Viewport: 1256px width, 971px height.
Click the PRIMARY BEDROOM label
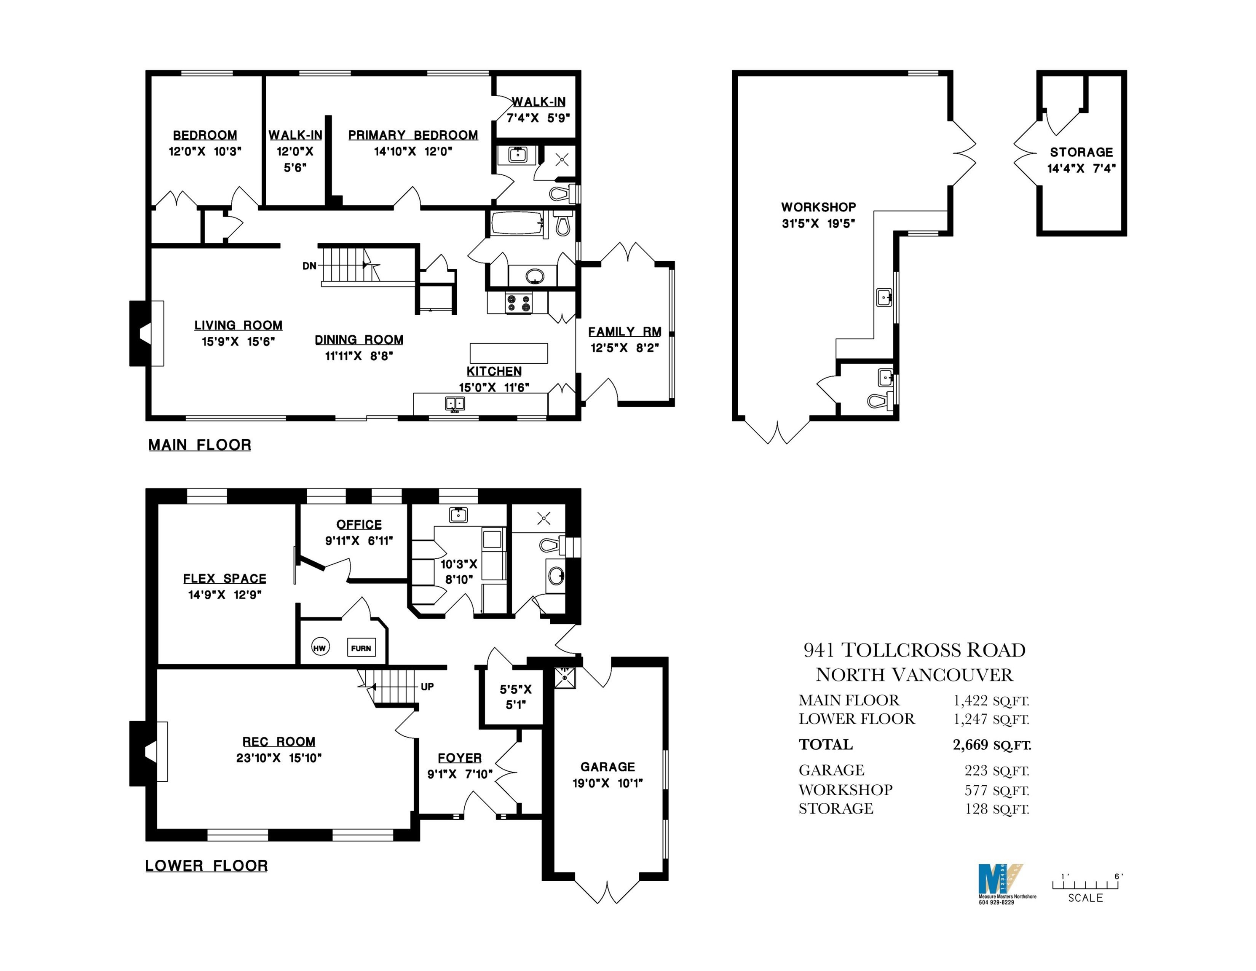click(x=413, y=135)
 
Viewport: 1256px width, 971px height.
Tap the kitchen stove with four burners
click(x=519, y=303)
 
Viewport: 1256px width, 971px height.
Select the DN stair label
click(x=309, y=266)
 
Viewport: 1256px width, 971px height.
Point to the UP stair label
click(x=427, y=686)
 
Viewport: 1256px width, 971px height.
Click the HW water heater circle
click(x=320, y=648)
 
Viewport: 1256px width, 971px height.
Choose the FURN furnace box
click(x=361, y=648)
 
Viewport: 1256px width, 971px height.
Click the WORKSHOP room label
click(x=818, y=207)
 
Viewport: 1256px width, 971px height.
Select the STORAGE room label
click(x=1081, y=153)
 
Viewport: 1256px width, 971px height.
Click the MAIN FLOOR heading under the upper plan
click(x=200, y=445)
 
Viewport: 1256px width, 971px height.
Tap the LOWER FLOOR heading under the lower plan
click(x=206, y=866)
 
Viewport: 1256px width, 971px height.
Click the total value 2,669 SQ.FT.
click(x=992, y=745)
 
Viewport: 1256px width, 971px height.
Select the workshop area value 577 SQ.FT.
click(x=996, y=790)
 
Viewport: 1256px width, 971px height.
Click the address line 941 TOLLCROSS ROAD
click(x=914, y=650)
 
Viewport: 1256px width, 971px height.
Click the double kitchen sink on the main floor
click(x=455, y=404)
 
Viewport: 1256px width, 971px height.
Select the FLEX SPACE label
click(x=224, y=579)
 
